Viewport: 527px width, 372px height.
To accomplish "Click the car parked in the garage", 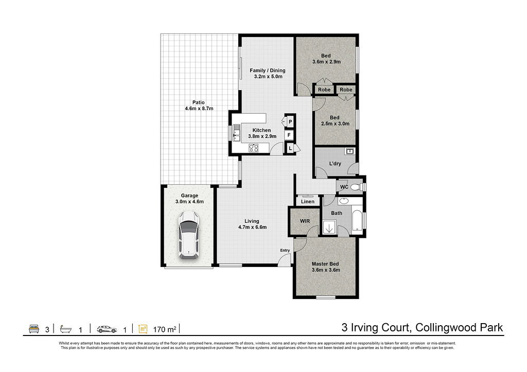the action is (189, 235).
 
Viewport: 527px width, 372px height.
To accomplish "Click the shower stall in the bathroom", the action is (329, 227).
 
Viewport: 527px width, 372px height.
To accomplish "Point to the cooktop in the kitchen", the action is (253, 148).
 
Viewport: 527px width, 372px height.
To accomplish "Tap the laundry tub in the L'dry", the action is (350, 151).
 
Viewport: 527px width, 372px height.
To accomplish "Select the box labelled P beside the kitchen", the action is (290, 121).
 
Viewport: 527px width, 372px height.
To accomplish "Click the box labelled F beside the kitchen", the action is (289, 135).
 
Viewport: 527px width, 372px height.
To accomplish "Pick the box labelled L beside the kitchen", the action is (290, 148).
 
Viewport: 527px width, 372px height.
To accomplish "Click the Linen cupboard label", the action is (308, 202).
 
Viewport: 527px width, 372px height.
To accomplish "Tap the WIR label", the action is (305, 221).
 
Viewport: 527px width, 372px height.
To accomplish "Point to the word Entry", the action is (285, 251).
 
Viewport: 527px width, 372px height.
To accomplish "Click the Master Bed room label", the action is (325, 264).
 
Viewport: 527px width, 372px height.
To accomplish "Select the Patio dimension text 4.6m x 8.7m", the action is (199, 109).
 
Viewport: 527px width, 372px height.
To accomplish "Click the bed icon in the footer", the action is (34, 329).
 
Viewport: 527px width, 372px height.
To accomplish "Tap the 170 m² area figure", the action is (165, 329).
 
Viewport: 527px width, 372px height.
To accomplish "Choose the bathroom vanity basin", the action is (343, 201).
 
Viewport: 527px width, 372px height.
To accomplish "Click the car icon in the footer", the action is (107, 329).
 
